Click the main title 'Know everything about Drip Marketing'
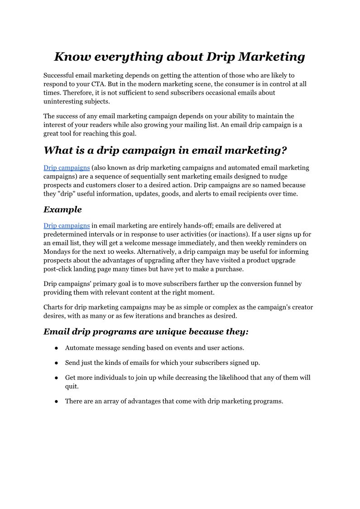click(179, 57)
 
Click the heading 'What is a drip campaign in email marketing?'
click(165, 150)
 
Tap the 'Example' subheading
click(62, 209)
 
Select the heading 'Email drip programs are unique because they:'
click(146, 332)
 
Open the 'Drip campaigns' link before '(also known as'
click(67, 168)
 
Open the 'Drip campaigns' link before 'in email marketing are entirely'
click(67, 225)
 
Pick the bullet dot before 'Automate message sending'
click(56, 348)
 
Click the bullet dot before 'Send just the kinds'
click(56, 363)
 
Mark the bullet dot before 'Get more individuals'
click(56, 378)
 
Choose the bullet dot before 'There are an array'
click(56, 402)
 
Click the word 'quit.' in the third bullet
click(72, 387)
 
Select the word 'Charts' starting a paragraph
click(53, 307)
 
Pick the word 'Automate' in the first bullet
click(79, 348)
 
